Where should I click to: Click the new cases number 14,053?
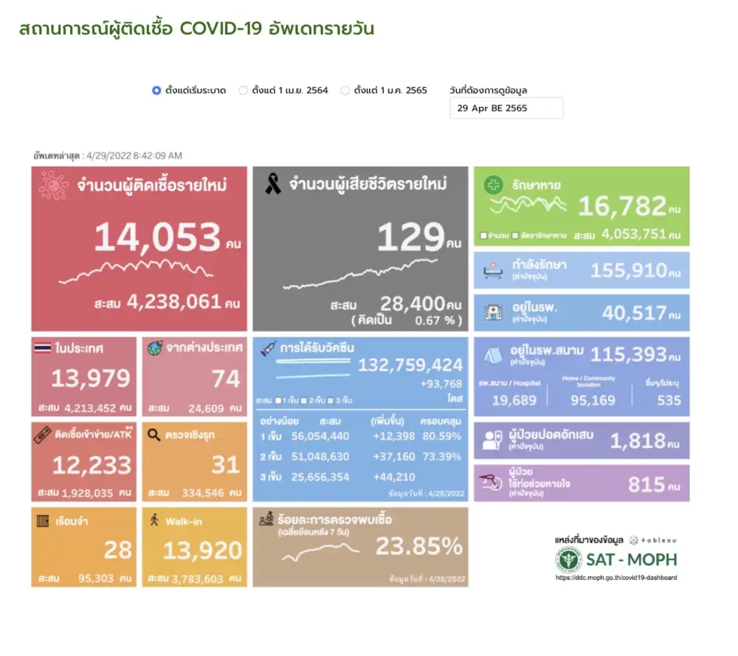(x=157, y=238)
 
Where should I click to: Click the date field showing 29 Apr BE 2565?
(x=506, y=108)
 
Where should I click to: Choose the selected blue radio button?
(x=156, y=91)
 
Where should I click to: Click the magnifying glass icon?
(x=154, y=435)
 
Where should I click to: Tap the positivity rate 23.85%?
(x=419, y=546)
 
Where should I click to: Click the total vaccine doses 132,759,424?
(x=410, y=365)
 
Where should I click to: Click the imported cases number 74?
(x=226, y=379)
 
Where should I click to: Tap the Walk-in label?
(x=184, y=521)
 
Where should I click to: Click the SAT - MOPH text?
(x=630, y=559)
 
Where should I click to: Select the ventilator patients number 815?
(x=646, y=484)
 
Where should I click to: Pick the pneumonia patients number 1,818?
(x=638, y=441)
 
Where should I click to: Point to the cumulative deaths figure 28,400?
(x=412, y=304)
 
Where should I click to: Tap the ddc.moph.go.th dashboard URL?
(x=615, y=578)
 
